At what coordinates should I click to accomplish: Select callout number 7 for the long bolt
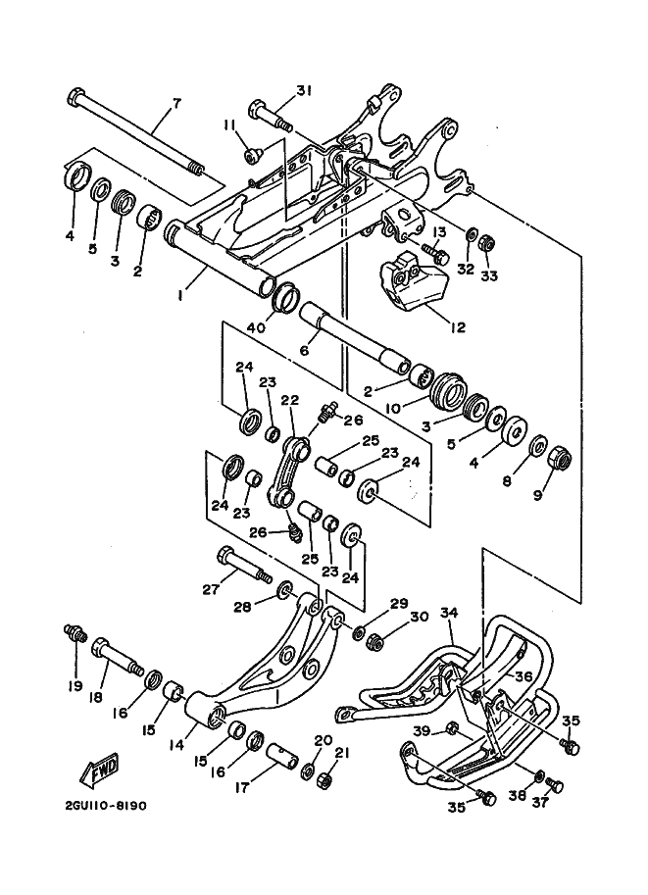(x=176, y=104)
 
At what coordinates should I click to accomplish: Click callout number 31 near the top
(x=303, y=91)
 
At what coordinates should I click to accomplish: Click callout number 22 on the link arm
(x=289, y=400)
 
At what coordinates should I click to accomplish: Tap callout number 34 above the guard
(x=449, y=614)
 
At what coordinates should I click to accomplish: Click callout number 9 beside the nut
(x=537, y=496)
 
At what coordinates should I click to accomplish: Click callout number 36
(x=523, y=676)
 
